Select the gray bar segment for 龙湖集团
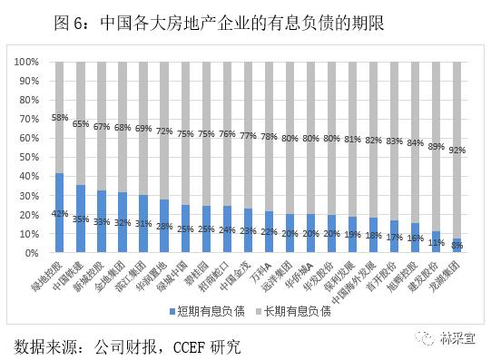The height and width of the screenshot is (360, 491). click(x=457, y=150)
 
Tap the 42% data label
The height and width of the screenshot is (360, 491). click(x=60, y=214)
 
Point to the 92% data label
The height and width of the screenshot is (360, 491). click(x=457, y=150)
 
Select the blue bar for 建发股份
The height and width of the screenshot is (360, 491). click(x=437, y=242)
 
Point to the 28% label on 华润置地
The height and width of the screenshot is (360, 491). click(x=164, y=227)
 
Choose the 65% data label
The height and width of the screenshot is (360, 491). click(x=81, y=123)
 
